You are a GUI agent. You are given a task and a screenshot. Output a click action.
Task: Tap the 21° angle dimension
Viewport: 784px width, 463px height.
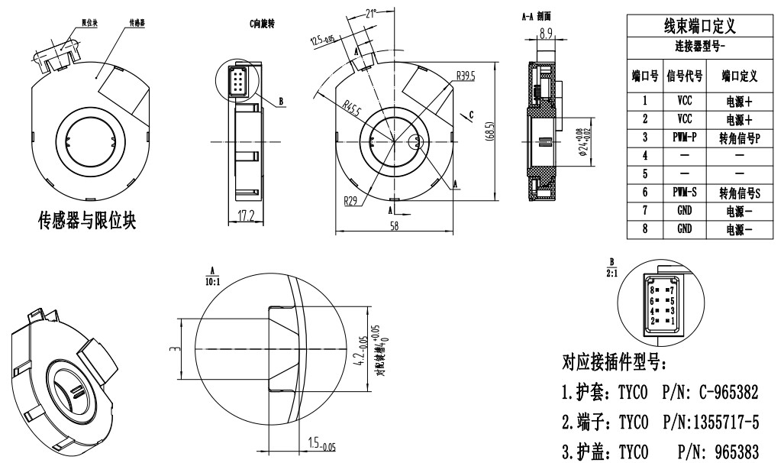[x=372, y=13]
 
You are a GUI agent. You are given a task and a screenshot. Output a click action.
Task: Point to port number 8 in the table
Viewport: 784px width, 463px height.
[x=645, y=228]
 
